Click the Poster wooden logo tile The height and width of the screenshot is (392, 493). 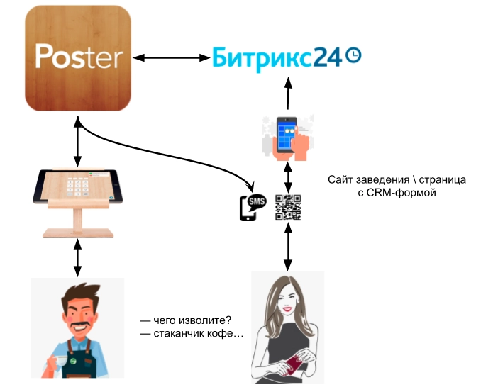click(78, 57)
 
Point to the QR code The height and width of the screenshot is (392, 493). click(288, 207)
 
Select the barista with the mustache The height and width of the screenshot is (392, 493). click(77, 326)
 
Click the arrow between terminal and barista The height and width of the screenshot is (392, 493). click(77, 259)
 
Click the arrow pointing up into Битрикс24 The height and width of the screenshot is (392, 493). click(288, 92)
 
